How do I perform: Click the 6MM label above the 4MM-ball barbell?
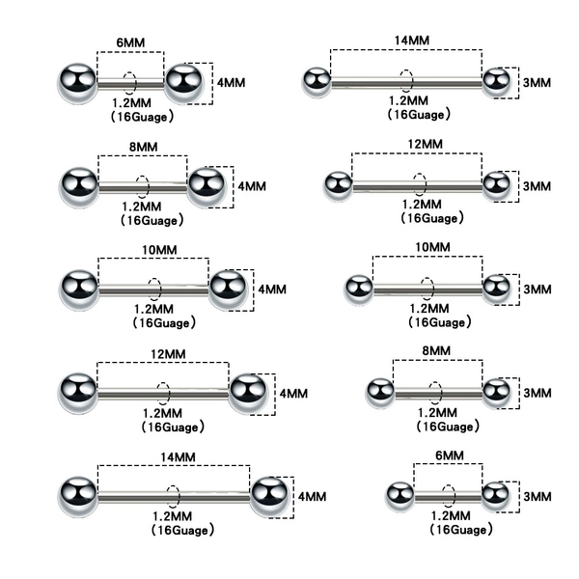(x=130, y=42)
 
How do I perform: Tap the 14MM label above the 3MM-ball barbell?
(x=412, y=41)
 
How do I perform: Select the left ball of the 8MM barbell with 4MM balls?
(x=79, y=187)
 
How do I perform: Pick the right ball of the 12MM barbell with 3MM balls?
(x=497, y=185)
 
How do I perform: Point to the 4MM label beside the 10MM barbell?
(x=272, y=289)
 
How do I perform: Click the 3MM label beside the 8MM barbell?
(x=538, y=393)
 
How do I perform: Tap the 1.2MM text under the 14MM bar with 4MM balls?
(x=173, y=516)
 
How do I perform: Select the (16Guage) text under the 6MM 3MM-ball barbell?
(x=461, y=530)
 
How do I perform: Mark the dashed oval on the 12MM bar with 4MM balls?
(x=163, y=394)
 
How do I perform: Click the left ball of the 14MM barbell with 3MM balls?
(x=317, y=82)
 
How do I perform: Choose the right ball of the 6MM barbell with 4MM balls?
(x=183, y=83)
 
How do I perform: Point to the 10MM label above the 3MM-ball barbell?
(x=432, y=247)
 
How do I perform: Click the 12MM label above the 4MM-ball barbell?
(x=168, y=354)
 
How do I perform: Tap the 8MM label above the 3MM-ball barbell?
(x=436, y=350)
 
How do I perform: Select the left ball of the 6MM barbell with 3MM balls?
(x=400, y=497)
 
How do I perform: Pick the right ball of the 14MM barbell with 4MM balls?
(x=269, y=497)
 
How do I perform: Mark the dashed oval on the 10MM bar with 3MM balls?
(x=427, y=289)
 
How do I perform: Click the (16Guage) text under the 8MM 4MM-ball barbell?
(x=152, y=221)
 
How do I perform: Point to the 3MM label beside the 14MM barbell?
(x=537, y=82)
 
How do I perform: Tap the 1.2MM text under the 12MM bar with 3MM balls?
(x=422, y=205)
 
